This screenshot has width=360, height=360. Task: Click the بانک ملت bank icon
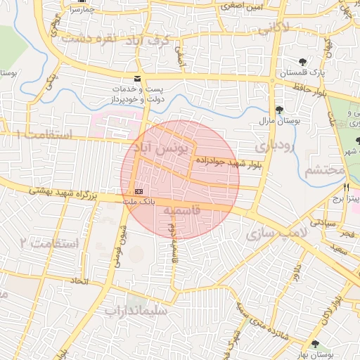(x=138, y=191)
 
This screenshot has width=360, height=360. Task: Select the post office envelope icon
(x=137, y=78)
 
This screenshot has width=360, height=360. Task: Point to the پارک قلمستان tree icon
(x=303, y=62)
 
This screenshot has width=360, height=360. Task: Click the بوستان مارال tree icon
(x=280, y=109)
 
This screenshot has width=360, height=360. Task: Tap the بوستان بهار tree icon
(x=314, y=344)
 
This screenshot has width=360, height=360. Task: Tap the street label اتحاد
(x=79, y=281)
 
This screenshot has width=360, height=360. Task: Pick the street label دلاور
(x=297, y=271)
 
